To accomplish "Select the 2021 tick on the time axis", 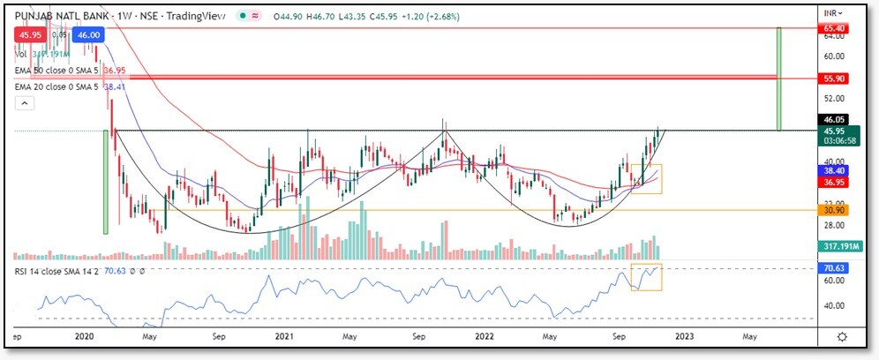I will (x=284, y=337).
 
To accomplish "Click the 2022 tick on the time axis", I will (x=483, y=337).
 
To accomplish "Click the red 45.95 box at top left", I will (x=31, y=34).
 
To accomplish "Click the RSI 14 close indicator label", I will (x=59, y=270).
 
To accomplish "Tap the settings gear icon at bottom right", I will (x=843, y=336).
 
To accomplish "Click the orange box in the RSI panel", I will (x=646, y=277).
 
